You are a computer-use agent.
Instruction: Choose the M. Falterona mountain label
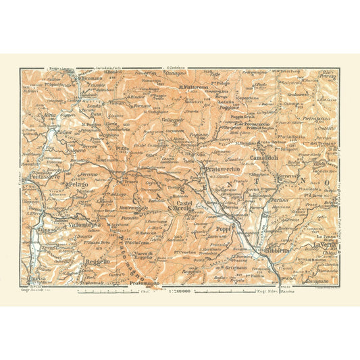197,87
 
